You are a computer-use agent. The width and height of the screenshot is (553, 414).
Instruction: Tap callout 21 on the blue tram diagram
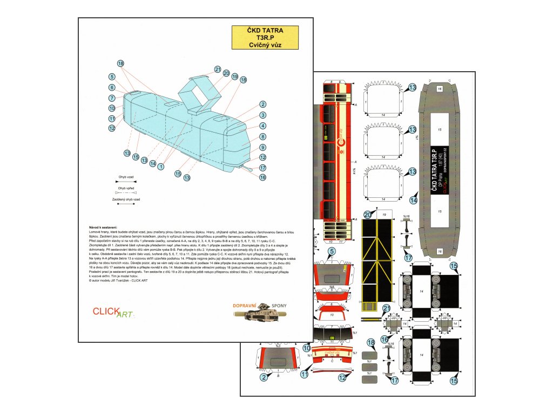pos(218,69)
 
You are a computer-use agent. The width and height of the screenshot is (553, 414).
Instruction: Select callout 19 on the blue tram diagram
pos(234,77)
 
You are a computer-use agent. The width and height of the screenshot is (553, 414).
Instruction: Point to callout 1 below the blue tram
pos(161,167)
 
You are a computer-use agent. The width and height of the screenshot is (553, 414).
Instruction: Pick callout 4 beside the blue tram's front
pos(262,126)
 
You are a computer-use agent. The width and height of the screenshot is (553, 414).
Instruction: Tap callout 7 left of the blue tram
pos(112,98)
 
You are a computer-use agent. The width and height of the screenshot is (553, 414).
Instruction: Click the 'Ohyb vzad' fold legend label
pos(126,176)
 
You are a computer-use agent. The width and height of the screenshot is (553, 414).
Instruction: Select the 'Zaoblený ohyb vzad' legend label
pos(126,199)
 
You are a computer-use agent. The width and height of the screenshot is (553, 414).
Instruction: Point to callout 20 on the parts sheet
pos(368,215)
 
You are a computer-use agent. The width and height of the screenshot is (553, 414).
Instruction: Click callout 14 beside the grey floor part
pos(414,199)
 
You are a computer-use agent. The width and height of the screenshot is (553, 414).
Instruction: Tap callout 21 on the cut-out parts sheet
pos(387,309)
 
